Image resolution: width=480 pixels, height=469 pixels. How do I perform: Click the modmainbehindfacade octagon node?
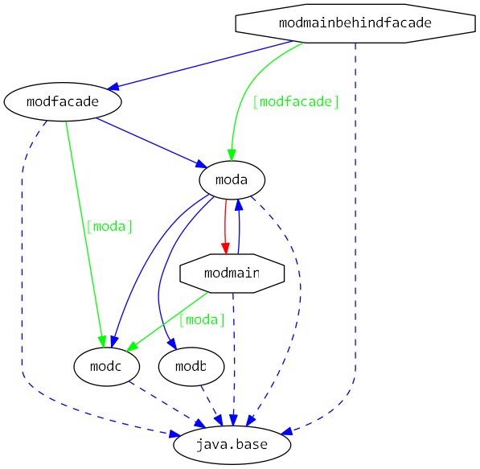click(x=355, y=23)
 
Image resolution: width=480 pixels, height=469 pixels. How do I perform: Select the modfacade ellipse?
click(x=63, y=102)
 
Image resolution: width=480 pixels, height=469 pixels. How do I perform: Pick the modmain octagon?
click(x=232, y=274)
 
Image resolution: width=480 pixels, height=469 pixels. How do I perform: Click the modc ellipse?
click(x=106, y=367)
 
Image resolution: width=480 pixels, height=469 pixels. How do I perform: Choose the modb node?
click(x=191, y=367)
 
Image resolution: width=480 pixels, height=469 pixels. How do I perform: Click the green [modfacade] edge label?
click(x=295, y=102)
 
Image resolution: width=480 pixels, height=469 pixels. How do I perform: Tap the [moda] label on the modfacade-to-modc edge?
click(x=109, y=226)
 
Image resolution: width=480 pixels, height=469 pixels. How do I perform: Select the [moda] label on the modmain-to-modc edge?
click(x=202, y=319)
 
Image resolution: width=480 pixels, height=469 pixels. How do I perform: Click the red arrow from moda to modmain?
click(x=224, y=225)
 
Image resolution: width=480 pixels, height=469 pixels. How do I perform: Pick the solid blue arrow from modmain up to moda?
click(x=239, y=229)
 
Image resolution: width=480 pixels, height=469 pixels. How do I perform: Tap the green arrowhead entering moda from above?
click(x=232, y=156)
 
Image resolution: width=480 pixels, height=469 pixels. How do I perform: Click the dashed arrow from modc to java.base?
click(x=165, y=404)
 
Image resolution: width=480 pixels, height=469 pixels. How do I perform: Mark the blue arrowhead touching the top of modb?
click(x=171, y=346)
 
